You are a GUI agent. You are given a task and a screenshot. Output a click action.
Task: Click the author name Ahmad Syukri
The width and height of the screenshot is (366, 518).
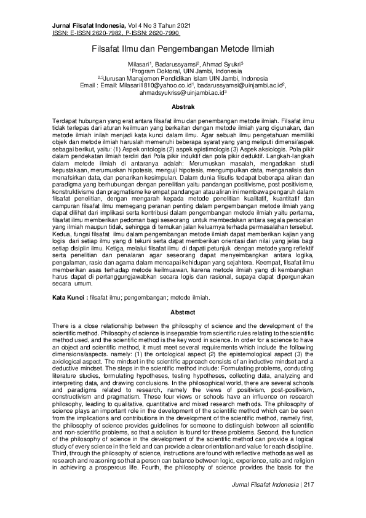click(x=224, y=63)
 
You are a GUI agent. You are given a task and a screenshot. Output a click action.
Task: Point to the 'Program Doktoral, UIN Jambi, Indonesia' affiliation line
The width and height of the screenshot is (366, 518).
click(x=183, y=71)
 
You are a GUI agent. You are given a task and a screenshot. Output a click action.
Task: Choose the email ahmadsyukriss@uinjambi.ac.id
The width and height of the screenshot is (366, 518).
click(x=181, y=93)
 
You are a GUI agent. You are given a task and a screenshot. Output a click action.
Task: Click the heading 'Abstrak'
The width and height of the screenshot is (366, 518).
click(x=183, y=107)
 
